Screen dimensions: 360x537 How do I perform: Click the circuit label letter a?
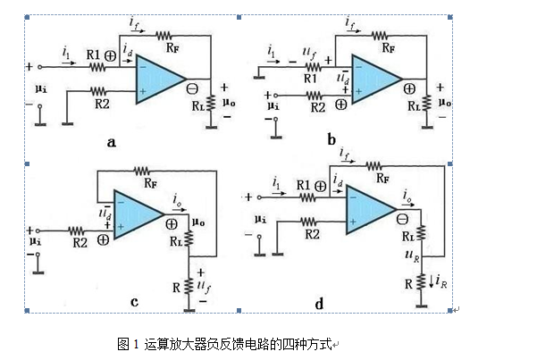(111, 140)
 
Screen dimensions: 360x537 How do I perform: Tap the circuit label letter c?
(134, 302)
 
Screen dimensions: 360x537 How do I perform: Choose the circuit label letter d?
(319, 304)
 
